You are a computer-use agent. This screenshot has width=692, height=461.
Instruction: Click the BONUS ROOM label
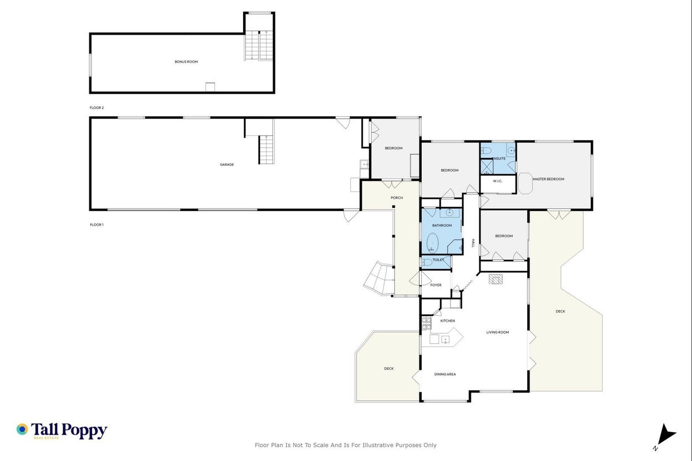[186, 62]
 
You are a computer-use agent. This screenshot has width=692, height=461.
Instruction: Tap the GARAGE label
[227, 165]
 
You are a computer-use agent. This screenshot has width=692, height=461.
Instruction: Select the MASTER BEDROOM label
[549, 179]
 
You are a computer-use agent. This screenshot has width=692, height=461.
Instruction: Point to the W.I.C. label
[497, 181]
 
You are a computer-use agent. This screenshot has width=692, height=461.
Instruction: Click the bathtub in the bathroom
[433, 243]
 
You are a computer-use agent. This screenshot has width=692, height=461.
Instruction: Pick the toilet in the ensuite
[486, 151]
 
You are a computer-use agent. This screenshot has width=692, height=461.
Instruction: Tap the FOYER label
[436, 285]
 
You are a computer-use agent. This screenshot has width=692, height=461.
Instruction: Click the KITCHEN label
[447, 321]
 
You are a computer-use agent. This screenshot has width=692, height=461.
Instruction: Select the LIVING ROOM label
[497, 332]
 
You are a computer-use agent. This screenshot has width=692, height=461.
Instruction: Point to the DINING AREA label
[445, 374]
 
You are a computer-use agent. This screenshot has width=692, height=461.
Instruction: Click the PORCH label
[396, 198]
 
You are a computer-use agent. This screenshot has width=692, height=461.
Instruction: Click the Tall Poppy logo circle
[22, 429]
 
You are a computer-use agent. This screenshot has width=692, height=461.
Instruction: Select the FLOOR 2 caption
[97, 108]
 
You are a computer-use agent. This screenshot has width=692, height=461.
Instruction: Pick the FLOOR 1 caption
[97, 225]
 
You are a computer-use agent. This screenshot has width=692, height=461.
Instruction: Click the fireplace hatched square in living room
[496, 279]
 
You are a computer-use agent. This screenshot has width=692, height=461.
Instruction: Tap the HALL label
[472, 243]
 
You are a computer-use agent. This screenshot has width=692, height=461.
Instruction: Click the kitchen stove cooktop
[426, 323]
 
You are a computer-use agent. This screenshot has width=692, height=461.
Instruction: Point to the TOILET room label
[438, 260]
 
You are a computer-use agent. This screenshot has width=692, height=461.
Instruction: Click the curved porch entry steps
[379, 279]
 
